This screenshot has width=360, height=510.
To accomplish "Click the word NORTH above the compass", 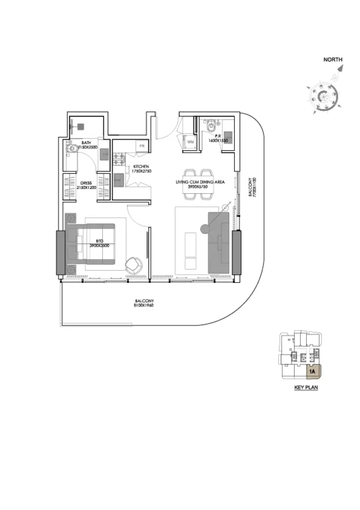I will pos(333,59).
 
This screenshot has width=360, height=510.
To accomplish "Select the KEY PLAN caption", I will pos(306,388).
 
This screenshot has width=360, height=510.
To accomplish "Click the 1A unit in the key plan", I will pos(312,371).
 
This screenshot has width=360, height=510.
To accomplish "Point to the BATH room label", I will pos(86,143).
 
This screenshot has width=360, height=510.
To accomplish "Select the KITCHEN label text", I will pos(141,166).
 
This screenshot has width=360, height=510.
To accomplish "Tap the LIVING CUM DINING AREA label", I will pos(200,182).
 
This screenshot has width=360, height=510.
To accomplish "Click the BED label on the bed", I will pos(99,241).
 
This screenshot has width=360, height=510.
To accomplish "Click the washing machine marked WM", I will pos(190,142).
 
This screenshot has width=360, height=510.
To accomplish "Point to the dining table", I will pos(200,184).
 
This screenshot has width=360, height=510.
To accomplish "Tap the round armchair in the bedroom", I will pos(134,265).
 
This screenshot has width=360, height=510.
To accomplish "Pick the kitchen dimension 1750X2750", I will pos(141,171).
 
